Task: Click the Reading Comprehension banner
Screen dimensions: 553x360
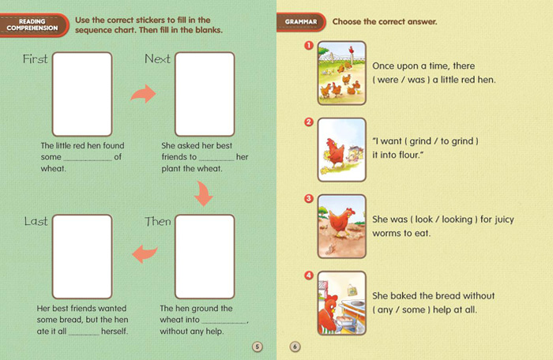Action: click(x=33, y=24)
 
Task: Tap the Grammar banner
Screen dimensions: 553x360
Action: click(x=301, y=22)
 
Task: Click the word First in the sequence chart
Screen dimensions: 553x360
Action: click(x=35, y=59)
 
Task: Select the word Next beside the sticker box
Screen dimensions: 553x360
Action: click(x=157, y=59)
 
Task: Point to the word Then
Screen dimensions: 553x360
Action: click(x=158, y=221)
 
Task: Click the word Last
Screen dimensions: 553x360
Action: click(x=36, y=221)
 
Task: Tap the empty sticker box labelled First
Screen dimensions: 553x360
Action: click(x=82, y=94)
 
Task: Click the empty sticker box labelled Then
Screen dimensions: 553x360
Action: click(x=205, y=257)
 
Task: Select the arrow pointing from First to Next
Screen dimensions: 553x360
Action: click(x=144, y=94)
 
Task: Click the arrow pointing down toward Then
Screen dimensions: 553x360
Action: click(x=204, y=194)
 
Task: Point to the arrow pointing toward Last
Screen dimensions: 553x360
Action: click(x=145, y=254)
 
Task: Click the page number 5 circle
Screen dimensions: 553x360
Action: click(x=258, y=347)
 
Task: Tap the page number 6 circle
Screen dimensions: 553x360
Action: click(x=295, y=347)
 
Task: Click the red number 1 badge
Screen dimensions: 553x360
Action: click(x=309, y=46)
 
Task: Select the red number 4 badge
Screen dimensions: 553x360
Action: click(x=309, y=276)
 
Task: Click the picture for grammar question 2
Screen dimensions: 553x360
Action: click(x=342, y=150)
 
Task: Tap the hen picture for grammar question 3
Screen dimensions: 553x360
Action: click(x=342, y=227)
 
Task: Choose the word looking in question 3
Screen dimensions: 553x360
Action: click(x=457, y=219)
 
